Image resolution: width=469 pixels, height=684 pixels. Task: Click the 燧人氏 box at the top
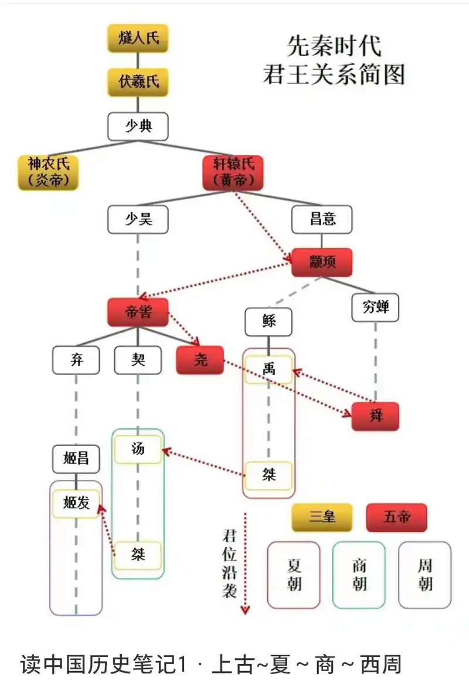point(138,39)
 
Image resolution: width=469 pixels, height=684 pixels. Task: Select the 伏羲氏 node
point(138,82)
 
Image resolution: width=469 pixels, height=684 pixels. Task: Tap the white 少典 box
point(138,126)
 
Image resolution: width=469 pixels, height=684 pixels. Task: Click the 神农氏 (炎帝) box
point(48,173)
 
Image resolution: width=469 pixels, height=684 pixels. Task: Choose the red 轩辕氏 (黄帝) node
point(233,173)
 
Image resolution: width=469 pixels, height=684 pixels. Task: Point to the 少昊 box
point(138,220)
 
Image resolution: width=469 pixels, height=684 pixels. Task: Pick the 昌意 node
point(322,220)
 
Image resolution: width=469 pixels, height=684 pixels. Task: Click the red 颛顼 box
point(322,262)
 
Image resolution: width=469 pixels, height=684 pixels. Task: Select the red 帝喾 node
point(138,312)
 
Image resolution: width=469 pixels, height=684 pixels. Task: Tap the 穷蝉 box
point(375,307)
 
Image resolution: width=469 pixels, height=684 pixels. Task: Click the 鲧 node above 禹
point(269,322)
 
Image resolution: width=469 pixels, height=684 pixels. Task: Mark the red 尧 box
point(200,360)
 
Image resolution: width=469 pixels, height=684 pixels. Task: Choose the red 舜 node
point(375,417)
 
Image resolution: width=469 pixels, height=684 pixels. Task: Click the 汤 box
point(138,450)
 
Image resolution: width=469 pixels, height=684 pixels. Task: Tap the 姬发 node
point(76,503)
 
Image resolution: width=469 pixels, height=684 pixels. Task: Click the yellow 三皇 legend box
point(322,518)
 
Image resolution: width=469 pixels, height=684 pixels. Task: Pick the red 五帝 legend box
point(396,518)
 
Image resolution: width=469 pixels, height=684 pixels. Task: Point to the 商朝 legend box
point(359,574)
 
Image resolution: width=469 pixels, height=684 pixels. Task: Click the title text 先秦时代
point(334,45)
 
